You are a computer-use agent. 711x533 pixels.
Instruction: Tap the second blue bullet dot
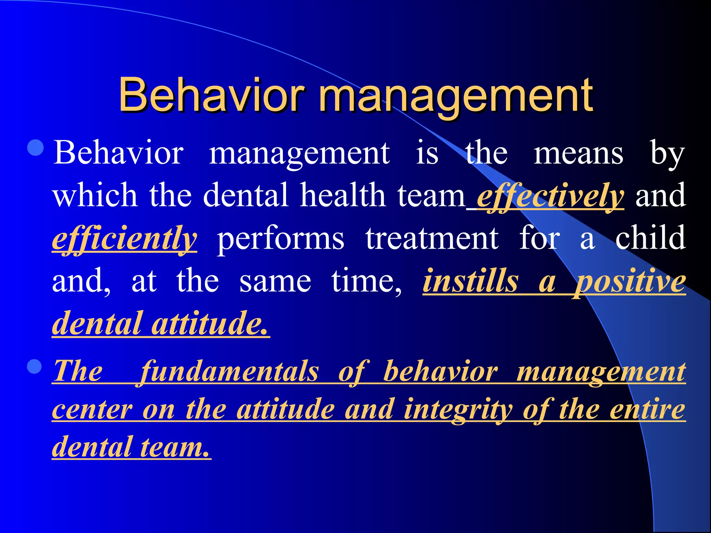(x=34, y=366)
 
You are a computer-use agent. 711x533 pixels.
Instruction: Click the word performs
(x=281, y=239)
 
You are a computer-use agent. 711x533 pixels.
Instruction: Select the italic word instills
(x=471, y=281)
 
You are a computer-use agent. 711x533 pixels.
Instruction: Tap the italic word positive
(x=630, y=282)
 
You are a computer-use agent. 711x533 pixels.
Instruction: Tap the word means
(x=578, y=153)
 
